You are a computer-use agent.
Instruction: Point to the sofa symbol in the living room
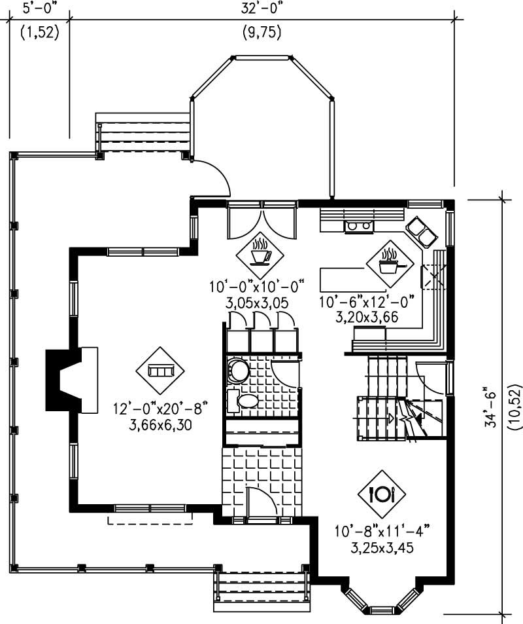[x=156, y=371]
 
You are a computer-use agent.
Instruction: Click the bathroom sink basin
[x=248, y=401]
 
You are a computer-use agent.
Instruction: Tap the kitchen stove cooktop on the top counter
[x=359, y=227]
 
